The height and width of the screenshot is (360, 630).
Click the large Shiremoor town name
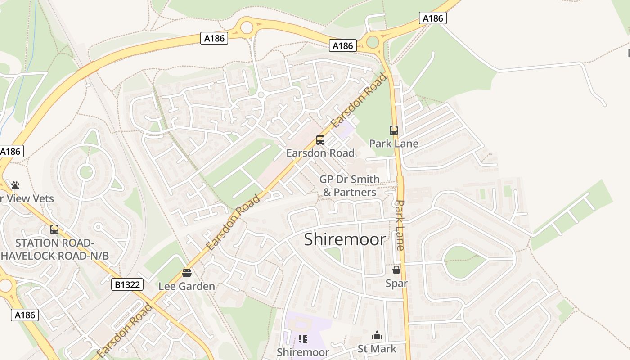pyautogui.click(x=345, y=239)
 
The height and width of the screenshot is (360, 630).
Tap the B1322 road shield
pyautogui.click(x=128, y=284)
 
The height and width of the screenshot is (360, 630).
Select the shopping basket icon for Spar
pyautogui.click(x=396, y=270)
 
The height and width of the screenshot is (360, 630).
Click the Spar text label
pyautogui.click(x=396, y=283)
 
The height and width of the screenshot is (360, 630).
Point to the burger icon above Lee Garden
pyautogui.click(x=187, y=273)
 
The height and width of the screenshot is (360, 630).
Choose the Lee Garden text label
pyautogui.click(x=187, y=286)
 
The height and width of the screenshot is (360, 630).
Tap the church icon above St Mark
pyautogui.click(x=377, y=336)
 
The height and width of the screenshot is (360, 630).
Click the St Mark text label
pyautogui.click(x=377, y=349)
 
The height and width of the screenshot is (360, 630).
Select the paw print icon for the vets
pyautogui.click(x=15, y=185)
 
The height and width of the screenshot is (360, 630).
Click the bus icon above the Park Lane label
pyautogui.click(x=394, y=130)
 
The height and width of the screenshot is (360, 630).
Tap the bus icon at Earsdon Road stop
pyautogui.click(x=320, y=140)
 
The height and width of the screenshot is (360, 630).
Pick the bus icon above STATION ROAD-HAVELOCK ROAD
pyautogui.click(x=54, y=229)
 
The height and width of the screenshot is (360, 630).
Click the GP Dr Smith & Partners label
pyautogui.click(x=350, y=186)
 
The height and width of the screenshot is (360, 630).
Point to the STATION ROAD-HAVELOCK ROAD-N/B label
pyautogui.click(x=55, y=249)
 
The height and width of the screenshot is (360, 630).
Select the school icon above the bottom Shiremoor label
pyautogui.click(x=302, y=339)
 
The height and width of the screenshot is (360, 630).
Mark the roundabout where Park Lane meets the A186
pyautogui.click(x=373, y=42)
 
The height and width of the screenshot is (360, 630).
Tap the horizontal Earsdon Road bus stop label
pyautogui.click(x=320, y=153)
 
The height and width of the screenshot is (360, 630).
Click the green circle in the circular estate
pyautogui.click(x=85, y=172)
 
